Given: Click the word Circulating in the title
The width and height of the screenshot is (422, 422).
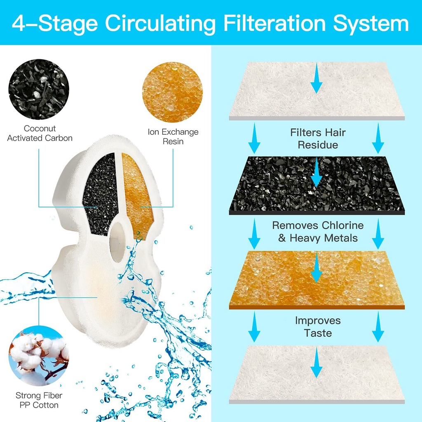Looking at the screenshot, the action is [x=160, y=23].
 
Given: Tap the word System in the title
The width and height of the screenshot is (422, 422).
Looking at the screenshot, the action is [x=371, y=23].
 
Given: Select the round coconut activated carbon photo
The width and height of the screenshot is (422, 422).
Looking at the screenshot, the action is [x=39, y=89].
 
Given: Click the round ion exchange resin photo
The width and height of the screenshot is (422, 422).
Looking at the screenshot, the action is [x=173, y=92].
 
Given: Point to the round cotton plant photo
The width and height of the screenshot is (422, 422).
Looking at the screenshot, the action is [x=39, y=356].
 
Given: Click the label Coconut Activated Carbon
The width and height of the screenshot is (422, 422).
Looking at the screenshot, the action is [x=40, y=133].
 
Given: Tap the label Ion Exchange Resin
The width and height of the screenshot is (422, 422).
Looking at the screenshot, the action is [x=173, y=136].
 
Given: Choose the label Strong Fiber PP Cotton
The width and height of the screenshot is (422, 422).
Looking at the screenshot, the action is [x=39, y=400].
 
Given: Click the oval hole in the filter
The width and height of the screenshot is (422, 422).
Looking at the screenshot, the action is [x=117, y=242].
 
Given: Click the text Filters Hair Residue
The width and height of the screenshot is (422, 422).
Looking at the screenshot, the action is [x=318, y=138].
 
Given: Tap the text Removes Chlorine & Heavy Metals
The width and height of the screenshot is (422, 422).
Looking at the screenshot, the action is [x=318, y=232].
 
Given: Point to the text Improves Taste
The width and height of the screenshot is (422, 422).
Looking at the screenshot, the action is [x=318, y=327].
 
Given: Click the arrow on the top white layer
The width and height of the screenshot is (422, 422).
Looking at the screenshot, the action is [x=316, y=78].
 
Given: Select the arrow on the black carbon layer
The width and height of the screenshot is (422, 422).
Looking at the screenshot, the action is [x=316, y=173].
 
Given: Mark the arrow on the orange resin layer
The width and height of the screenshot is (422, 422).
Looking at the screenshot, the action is [x=316, y=268].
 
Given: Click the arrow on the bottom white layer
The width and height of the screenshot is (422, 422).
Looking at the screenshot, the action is [x=316, y=362].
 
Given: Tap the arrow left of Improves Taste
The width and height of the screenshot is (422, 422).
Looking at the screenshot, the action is [x=254, y=327].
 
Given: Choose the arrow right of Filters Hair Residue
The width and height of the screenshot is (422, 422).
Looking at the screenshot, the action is [x=378, y=138].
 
